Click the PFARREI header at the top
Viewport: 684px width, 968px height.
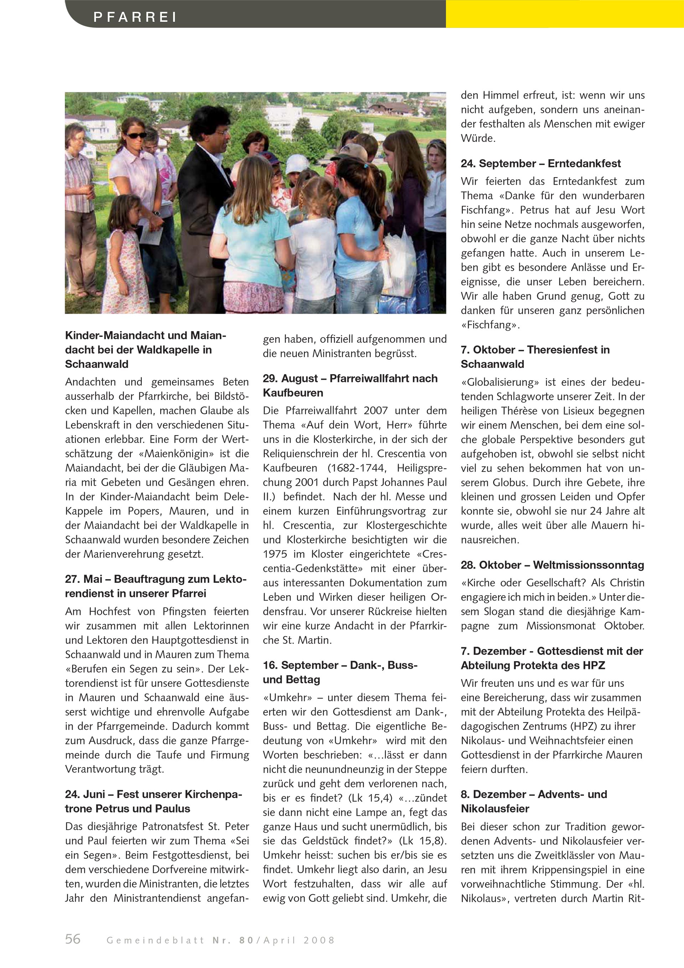click(x=135, y=17)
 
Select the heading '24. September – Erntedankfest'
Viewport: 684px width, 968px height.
click(x=540, y=164)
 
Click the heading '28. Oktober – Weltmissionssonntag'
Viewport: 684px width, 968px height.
click(x=552, y=565)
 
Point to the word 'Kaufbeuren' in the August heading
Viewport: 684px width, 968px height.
click(x=293, y=393)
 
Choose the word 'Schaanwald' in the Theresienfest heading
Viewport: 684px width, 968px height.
click(x=492, y=364)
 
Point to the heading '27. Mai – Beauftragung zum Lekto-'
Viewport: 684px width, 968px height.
click(x=156, y=579)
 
